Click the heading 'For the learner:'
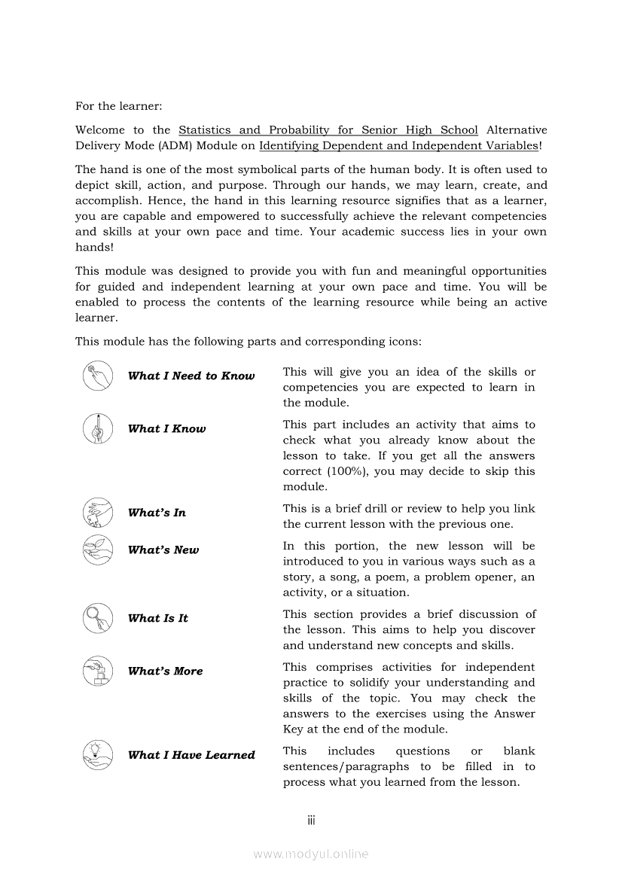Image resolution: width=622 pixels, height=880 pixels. tap(118, 107)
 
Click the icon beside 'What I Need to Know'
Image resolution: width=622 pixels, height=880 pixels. tap(98, 376)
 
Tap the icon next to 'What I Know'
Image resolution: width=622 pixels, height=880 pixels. tap(98, 428)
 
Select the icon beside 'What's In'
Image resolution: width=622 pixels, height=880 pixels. tap(98, 513)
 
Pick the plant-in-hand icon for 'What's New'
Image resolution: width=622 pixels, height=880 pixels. tap(98, 550)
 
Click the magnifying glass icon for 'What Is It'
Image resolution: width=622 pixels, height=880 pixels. tap(98, 618)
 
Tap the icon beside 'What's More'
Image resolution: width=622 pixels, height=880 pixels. tap(98, 671)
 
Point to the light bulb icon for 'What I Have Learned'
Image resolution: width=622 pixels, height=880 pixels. tap(98, 754)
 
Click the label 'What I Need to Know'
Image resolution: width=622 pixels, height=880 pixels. tap(191, 376)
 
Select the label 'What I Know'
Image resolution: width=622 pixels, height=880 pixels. tap(166, 428)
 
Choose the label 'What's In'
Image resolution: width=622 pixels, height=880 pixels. tap(157, 513)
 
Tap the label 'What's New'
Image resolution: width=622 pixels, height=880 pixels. tap(163, 550)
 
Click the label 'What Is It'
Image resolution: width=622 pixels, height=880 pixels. tap(158, 618)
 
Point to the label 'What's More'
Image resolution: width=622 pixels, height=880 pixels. tap(166, 671)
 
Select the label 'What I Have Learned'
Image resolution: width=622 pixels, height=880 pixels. tap(191, 754)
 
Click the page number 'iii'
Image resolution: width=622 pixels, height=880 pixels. tap(311, 820)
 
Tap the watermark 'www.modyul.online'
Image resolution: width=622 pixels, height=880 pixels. tap(311, 854)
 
